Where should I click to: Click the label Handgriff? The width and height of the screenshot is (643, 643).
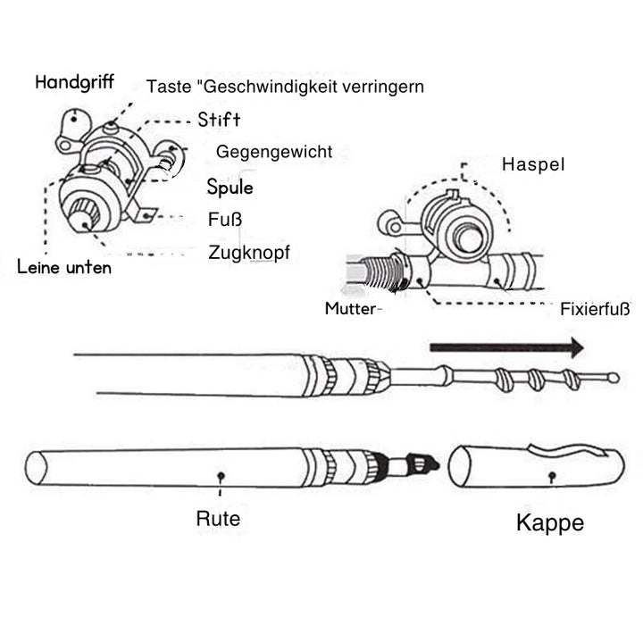pyautogui.click(x=74, y=82)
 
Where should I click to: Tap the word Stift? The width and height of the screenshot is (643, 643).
pyautogui.click(x=219, y=120)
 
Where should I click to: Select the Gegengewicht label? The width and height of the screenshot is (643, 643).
pyautogui.click(x=274, y=152)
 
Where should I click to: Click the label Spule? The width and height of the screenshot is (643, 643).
pyautogui.click(x=230, y=188)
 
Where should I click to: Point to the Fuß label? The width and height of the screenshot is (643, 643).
pyautogui.click(x=225, y=219)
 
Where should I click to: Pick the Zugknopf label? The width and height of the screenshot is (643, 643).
pyautogui.click(x=248, y=253)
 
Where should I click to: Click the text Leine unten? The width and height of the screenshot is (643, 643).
pyautogui.click(x=64, y=266)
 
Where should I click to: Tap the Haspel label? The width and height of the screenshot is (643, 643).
pyautogui.click(x=533, y=165)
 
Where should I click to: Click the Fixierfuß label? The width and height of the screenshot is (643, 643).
pyautogui.click(x=595, y=310)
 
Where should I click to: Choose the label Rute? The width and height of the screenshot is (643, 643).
pyautogui.click(x=218, y=518)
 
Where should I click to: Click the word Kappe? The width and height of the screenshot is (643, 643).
pyautogui.click(x=550, y=522)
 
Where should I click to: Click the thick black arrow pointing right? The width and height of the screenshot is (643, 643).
pyautogui.click(x=505, y=347)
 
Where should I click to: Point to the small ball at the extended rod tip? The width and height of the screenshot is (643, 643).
pyautogui.click(x=614, y=378)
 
